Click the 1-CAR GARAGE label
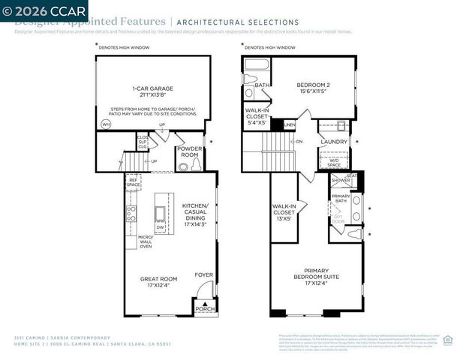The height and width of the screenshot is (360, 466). pyautogui.click(x=152, y=89)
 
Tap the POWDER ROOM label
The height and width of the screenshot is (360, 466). pyautogui.click(x=189, y=152)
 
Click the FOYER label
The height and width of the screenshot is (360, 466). pyautogui.click(x=203, y=274)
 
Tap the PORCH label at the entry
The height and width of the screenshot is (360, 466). pyautogui.click(x=204, y=308)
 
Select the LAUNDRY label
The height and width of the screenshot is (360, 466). pyautogui.click(x=333, y=141)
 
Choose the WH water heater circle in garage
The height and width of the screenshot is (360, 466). pyautogui.click(x=106, y=124)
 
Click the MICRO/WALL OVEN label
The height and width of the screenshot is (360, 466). pyautogui.click(x=145, y=241)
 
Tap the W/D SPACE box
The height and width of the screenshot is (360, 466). pyautogui.click(x=333, y=160)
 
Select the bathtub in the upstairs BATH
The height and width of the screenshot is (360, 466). pyautogui.click(x=257, y=64)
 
